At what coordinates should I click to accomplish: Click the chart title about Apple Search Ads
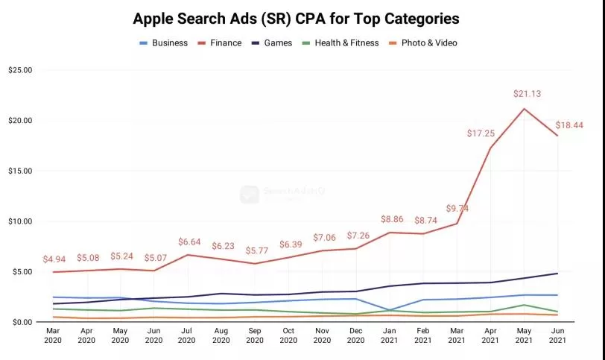(296, 17)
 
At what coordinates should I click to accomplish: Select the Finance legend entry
(225, 42)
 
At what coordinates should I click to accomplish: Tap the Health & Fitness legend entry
(346, 42)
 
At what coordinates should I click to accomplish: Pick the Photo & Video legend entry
(428, 42)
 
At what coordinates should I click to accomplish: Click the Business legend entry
(169, 42)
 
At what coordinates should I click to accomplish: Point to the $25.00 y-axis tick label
(20, 70)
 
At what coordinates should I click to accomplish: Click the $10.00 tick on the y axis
(20, 221)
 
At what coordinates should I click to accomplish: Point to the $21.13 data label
(526, 94)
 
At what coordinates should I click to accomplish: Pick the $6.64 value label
(191, 241)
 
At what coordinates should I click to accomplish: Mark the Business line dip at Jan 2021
(389, 310)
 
